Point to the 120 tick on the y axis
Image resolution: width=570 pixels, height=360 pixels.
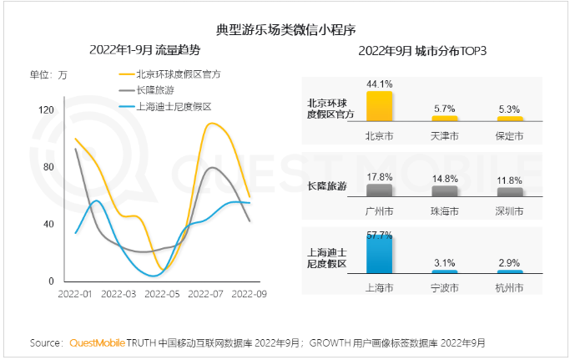coord(46,109)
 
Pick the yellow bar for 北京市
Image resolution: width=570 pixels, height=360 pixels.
coord(379,106)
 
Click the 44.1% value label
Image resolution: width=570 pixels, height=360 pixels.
coord(379,84)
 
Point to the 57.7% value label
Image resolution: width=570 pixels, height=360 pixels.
coord(379,236)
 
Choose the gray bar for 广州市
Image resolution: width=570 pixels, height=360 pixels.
coord(379,190)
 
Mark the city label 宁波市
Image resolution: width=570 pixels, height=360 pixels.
coord(444,286)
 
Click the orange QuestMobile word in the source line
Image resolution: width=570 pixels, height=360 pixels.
coord(97,342)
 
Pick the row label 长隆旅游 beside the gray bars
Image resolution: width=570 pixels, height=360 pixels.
coord(327,185)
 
